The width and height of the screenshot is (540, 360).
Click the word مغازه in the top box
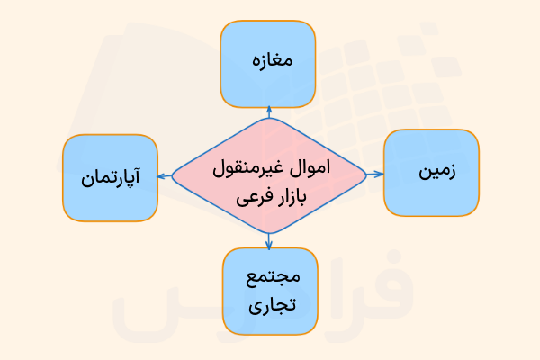click(268, 61)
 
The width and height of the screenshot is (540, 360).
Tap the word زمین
click(436, 173)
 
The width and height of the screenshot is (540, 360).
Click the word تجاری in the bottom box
click(269, 305)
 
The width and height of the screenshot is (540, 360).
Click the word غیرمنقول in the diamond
click(253, 166)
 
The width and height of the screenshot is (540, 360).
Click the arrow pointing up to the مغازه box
click(268, 112)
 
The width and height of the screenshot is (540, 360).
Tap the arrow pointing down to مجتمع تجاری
click(268, 238)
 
